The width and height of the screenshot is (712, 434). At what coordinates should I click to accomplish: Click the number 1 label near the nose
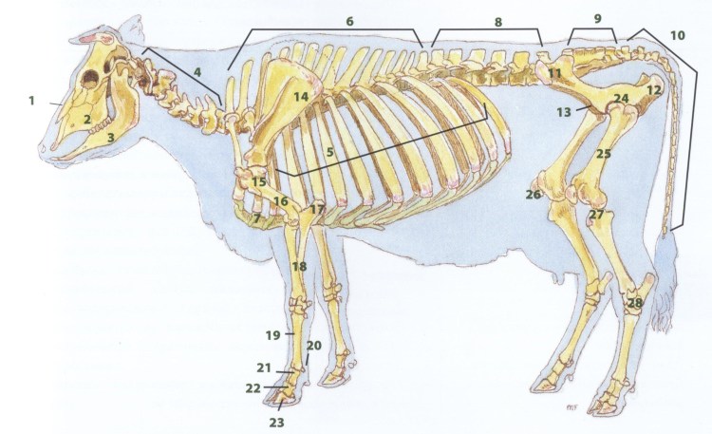click(30, 100)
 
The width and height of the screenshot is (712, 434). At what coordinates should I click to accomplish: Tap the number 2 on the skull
click(86, 119)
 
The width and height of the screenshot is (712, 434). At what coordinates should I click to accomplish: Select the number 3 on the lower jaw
click(110, 139)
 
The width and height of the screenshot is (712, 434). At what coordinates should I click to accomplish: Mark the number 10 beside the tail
click(676, 36)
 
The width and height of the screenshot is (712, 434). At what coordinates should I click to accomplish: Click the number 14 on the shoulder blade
click(300, 97)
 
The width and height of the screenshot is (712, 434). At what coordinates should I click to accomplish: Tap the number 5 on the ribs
click(329, 150)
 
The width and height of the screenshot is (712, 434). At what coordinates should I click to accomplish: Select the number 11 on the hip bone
click(554, 74)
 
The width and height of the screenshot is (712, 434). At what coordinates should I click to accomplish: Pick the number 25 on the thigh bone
click(602, 153)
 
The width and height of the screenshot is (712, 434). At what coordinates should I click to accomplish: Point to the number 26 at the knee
click(533, 196)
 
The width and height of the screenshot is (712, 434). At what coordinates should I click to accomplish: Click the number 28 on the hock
click(634, 303)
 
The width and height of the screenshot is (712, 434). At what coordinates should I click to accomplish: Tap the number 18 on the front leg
click(299, 268)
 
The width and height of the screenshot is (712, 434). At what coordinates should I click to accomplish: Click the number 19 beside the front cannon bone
click(272, 334)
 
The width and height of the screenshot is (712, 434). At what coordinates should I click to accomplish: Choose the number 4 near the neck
click(197, 71)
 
